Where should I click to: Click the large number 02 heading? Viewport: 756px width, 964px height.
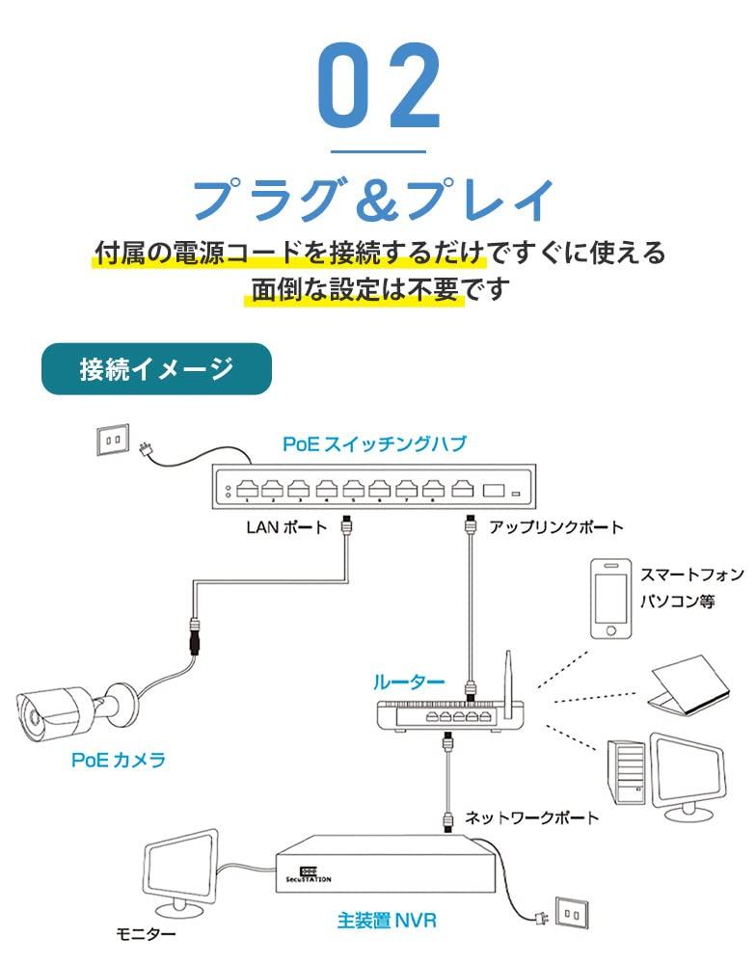[378, 89]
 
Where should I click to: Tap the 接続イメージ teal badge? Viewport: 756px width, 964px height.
[156, 368]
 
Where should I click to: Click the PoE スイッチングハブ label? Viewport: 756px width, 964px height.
[374, 444]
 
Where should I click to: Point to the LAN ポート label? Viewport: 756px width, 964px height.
[286, 527]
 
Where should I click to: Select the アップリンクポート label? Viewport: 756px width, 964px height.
[556, 527]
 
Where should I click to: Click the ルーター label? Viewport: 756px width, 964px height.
[409, 683]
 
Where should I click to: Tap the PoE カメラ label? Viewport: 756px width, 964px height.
[119, 760]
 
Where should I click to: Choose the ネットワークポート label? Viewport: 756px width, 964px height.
[532, 817]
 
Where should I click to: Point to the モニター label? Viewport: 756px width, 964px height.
[146, 933]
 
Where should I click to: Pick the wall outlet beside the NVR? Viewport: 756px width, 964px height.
[573, 912]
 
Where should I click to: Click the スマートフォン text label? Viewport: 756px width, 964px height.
[692, 576]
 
